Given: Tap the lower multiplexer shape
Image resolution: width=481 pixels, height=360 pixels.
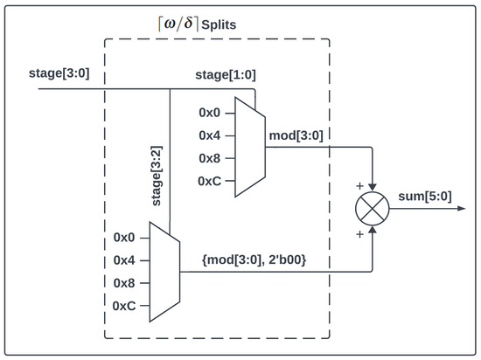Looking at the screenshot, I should tap(164, 271).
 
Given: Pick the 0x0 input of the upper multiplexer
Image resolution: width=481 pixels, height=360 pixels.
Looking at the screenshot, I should tap(212, 113).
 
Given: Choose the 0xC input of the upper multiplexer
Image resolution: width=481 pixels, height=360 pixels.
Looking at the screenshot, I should tap(212, 181).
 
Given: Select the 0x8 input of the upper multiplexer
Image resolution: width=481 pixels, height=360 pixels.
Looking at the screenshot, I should tap(212, 158).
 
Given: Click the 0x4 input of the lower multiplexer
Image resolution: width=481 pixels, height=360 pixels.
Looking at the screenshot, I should tap(126, 260).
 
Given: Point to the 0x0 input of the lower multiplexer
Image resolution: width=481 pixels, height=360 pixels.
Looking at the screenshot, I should tap(126, 237).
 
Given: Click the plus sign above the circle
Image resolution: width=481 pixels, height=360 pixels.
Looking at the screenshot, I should tap(359, 184).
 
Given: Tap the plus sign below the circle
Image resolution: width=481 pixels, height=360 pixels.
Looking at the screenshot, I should tap(359, 235).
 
